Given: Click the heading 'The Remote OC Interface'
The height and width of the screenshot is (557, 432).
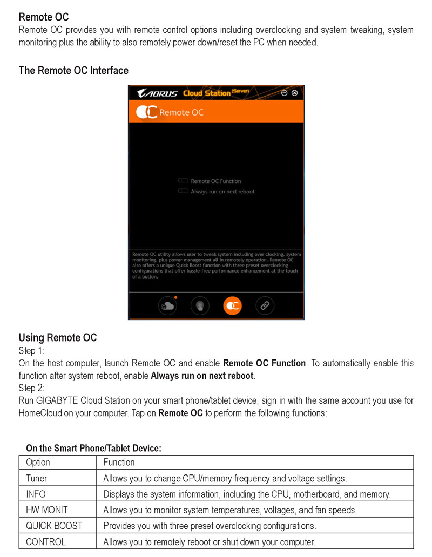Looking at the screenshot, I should pyautogui.click(x=73, y=71).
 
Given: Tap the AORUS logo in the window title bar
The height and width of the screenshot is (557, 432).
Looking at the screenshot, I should pyautogui.click(x=157, y=93).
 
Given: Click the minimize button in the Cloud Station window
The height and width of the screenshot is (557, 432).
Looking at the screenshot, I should pyautogui.click(x=284, y=93).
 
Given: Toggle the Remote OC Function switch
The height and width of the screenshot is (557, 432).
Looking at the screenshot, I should pyautogui.click(x=183, y=181).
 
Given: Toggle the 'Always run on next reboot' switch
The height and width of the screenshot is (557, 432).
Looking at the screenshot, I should pyautogui.click(x=183, y=191).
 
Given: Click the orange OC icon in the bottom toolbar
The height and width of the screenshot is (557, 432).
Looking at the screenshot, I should pyautogui.click(x=232, y=305).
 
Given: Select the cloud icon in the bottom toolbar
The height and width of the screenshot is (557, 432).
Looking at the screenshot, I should pyautogui.click(x=167, y=305).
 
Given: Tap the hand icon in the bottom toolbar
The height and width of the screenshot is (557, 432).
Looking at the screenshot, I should pyautogui.click(x=200, y=305).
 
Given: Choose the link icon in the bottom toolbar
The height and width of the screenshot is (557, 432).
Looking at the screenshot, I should pyautogui.click(x=265, y=305).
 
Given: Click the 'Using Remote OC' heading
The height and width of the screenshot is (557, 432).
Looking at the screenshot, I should pyautogui.click(x=58, y=338).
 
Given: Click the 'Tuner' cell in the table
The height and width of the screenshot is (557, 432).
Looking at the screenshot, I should pyautogui.click(x=37, y=478).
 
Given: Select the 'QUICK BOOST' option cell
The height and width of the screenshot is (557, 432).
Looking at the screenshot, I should pyautogui.click(x=55, y=526).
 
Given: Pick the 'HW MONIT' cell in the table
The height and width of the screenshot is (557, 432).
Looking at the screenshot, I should pyautogui.click(x=47, y=510).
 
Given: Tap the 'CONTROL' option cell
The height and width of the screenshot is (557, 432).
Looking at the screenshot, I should pyautogui.click(x=46, y=542).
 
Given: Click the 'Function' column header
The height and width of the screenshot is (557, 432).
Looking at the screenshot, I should pyautogui.click(x=119, y=463).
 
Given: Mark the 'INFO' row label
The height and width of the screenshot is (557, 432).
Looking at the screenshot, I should pyautogui.click(x=36, y=494).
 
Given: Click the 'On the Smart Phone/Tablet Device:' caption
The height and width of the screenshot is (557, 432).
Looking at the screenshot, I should pyautogui.click(x=93, y=448).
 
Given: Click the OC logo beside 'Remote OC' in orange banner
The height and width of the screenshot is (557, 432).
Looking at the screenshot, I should pyautogui.click(x=146, y=112).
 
